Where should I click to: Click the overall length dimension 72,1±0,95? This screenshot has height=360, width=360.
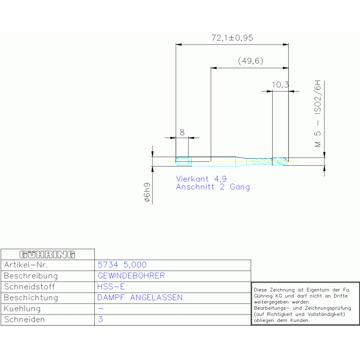[x=232, y=38]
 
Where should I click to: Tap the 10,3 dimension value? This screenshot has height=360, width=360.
[x=280, y=84]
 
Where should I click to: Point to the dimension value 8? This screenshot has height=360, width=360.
[x=182, y=132]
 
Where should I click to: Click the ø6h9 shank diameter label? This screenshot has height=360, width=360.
[x=147, y=192]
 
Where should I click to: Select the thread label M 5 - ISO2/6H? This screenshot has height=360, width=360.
[x=318, y=114]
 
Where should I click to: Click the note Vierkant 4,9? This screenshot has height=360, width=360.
[x=201, y=179]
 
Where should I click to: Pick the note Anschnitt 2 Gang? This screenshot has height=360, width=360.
[x=213, y=187]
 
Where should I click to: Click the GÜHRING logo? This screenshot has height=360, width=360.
[x=47, y=254]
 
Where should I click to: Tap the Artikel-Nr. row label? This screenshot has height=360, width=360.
[x=26, y=265]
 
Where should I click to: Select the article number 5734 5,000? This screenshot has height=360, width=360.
[x=122, y=265]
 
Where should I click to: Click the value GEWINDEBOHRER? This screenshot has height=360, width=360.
[x=131, y=276]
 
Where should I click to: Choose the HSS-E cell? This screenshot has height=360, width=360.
[x=111, y=286]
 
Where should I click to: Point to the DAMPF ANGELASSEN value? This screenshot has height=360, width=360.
[x=140, y=298]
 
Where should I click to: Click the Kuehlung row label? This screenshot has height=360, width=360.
[x=22, y=308]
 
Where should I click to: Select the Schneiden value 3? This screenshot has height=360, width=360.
[x=100, y=319]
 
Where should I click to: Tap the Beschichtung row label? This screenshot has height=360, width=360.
[x=31, y=298]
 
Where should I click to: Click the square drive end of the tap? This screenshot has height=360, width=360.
[x=184, y=161]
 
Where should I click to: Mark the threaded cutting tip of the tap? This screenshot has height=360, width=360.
[x=280, y=161]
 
